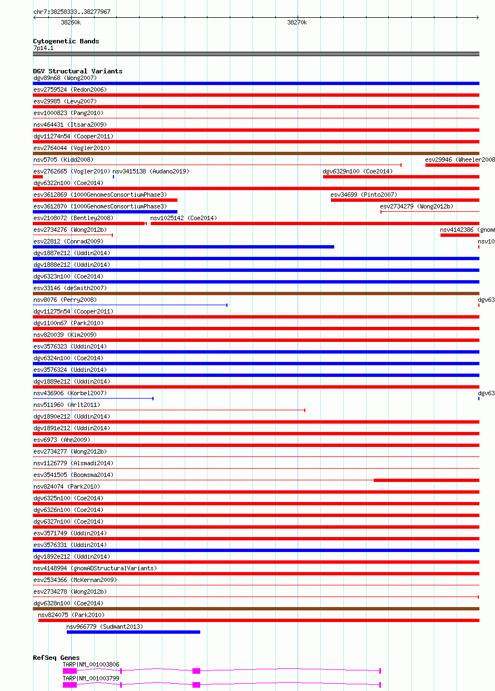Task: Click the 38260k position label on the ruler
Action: click(71, 22)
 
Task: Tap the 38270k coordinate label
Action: click(297, 22)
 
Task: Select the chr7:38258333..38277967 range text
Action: click(72, 12)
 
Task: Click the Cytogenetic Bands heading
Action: click(66, 41)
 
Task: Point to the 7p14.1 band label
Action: click(43, 48)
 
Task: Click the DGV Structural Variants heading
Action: click(78, 71)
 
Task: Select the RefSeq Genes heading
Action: click(56, 658)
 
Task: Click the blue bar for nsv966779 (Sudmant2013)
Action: click(133, 632)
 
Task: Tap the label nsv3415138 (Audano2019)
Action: click(151, 171)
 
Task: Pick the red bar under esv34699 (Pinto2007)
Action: click(404, 200)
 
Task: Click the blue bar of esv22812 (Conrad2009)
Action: click(184, 247)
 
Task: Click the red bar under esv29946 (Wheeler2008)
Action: click(452, 165)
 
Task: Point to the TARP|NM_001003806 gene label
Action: click(91, 664)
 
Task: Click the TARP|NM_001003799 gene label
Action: click(91, 678)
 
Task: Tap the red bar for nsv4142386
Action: click(459, 235)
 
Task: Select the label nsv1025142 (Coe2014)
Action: click(184, 218)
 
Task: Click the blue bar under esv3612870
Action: click(105, 212)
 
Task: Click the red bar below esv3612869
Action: click(105, 200)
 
